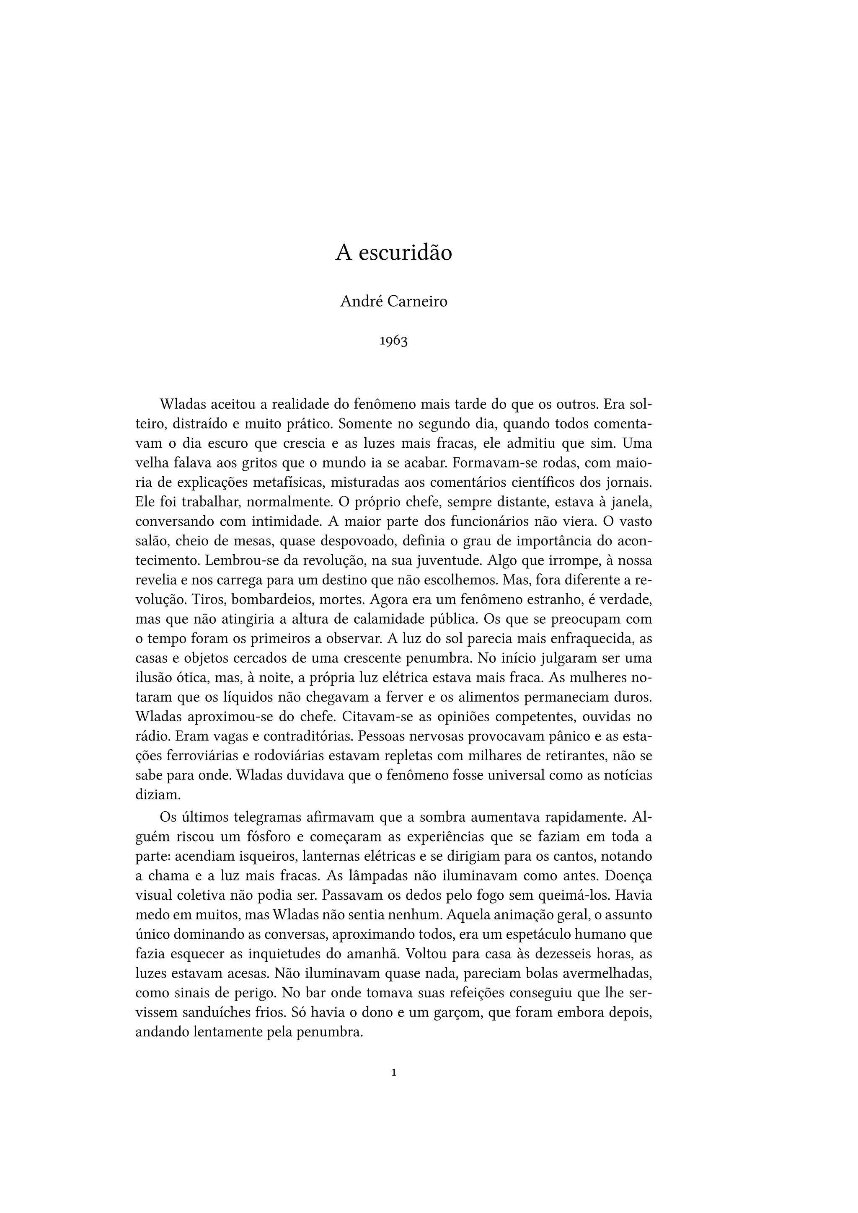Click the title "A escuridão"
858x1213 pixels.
pos(394,253)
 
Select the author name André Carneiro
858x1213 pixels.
pos(394,302)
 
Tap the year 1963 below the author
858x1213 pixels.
pos(394,341)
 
